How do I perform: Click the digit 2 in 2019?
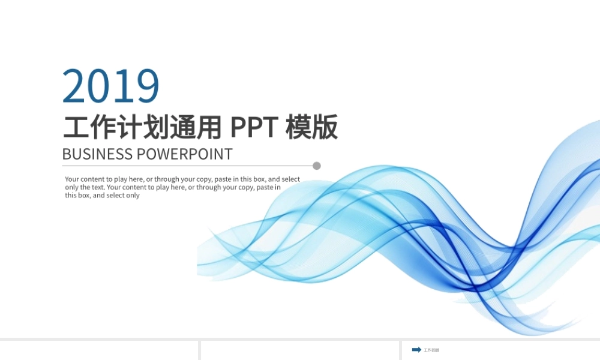(x=74, y=86)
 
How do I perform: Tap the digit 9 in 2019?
(x=148, y=86)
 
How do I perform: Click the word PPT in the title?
(x=254, y=127)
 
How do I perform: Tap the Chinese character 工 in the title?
(x=76, y=127)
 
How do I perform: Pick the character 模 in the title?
(x=298, y=127)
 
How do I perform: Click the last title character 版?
(x=325, y=127)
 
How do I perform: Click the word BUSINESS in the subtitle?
(x=97, y=154)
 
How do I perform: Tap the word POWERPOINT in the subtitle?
(x=184, y=154)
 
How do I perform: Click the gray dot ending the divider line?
(x=317, y=166)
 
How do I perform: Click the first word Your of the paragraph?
(x=72, y=179)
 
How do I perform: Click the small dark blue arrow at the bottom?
(x=416, y=350)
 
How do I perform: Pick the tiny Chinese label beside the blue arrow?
(x=431, y=350)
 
